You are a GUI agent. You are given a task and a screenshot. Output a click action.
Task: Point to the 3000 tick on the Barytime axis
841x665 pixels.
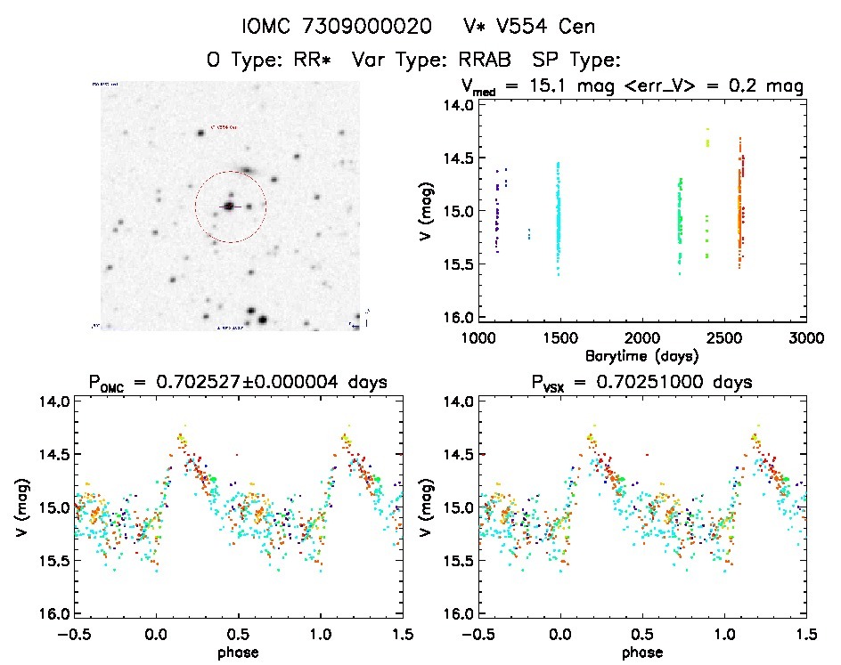(805, 337)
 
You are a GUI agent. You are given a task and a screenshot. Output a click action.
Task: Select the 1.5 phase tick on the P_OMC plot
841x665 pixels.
(403, 634)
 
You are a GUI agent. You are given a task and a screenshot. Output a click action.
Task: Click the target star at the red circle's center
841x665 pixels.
(229, 206)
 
